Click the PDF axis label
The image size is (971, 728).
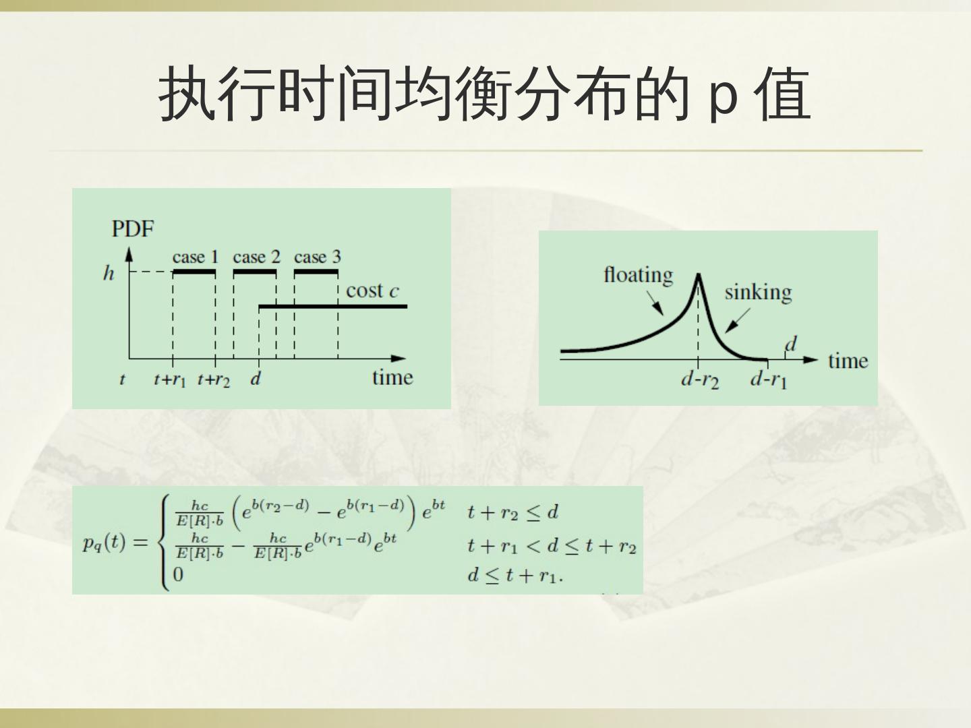[133, 229]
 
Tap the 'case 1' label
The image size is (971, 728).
[195, 257]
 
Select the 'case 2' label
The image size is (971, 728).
[256, 257]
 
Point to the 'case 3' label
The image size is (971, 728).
[317, 257]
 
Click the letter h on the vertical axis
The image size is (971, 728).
[109, 273]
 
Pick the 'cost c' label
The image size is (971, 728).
[372, 291]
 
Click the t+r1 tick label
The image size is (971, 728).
[169, 380]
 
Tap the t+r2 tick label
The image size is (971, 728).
[213, 380]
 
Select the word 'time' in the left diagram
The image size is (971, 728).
[392, 377]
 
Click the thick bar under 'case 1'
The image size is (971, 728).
[195, 272]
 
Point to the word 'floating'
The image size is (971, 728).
[638, 275]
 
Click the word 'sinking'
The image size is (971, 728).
[758, 292]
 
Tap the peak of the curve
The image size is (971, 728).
[699, 275]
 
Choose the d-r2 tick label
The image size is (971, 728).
[700, 380]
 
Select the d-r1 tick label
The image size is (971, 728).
[769, 380]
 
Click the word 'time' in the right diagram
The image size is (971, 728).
[848, 361]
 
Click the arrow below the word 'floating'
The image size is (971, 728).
[655, 303]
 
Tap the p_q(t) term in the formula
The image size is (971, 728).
[104, 543]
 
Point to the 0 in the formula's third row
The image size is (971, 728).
[178, 574]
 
